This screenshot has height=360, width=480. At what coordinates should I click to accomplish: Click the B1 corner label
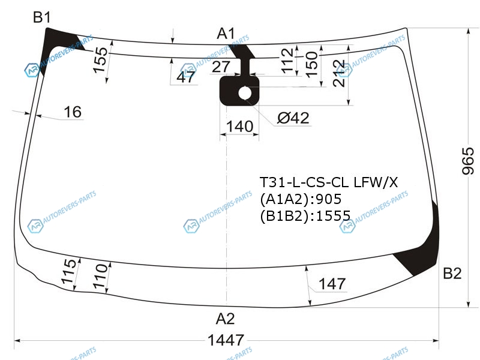click(x=41, y=17)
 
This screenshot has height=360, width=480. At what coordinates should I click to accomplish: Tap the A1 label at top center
click(x=226, y=34)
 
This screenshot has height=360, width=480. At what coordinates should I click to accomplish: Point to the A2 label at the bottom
click(x=226, y=318)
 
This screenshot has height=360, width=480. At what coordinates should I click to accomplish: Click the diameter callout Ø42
click(x=293, y=118)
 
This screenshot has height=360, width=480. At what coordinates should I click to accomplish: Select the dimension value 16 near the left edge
click(x=73, y=112)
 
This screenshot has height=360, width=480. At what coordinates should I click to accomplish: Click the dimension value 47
click(x=186, y=77)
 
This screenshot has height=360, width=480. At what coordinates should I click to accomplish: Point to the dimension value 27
click(x=221, y=67)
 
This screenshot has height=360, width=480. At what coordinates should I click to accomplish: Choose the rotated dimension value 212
click(x=340, y=73)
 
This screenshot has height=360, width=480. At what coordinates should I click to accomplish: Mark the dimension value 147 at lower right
click(x=332, y=284)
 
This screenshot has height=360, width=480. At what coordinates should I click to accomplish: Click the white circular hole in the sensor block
click(x=246, y=92)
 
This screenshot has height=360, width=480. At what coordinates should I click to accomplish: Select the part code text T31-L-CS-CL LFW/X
click(x=328, y=181)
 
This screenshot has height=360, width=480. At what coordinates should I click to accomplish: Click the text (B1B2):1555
click(x=305, y=215)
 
